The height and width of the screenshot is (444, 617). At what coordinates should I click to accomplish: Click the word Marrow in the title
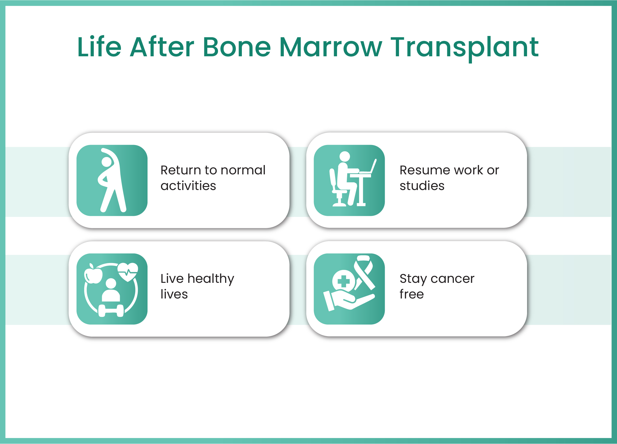coord(330,47)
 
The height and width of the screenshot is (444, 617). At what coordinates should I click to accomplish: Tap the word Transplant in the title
coord(465,49)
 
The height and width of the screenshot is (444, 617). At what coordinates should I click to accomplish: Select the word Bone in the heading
coord(237,47)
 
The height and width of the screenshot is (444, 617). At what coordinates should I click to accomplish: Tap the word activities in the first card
coord(188,186)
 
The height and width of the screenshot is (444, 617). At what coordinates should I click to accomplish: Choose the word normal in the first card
coord(243,170)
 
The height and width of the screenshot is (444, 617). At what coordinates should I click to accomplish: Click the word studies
coord(422,186)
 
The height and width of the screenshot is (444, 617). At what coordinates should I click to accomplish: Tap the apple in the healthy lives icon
coord(93,273)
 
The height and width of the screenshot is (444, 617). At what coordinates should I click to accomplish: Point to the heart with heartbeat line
coord(128,272)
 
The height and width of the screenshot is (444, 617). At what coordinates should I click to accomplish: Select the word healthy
coord(211,279)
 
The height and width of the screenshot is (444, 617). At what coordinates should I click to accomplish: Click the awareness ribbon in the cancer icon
coord(364,272)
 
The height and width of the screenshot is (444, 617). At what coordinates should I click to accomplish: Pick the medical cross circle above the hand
coord(344,281)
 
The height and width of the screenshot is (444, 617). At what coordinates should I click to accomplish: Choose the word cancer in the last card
coord(452,279)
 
